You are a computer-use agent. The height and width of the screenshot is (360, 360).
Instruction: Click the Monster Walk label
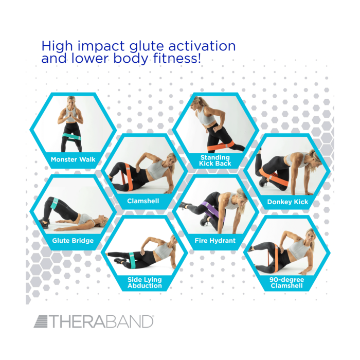73,159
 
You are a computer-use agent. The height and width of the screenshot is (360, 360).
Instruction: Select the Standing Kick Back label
215,160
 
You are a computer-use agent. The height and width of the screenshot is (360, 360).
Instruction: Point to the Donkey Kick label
287,202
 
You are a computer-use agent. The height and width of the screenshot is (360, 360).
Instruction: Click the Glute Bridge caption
73,240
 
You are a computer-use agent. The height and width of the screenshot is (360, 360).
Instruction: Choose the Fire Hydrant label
215,240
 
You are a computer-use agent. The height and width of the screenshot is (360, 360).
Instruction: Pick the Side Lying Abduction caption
145,283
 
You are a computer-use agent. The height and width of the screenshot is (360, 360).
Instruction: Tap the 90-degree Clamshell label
287,283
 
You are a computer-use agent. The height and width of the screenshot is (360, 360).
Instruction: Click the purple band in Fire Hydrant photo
211,208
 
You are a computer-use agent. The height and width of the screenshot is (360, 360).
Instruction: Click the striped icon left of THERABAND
41,322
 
